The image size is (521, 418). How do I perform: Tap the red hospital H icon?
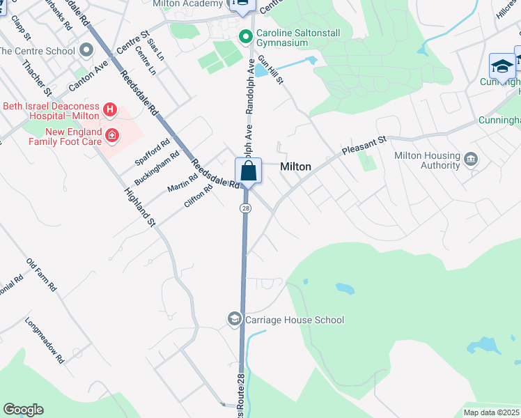(x=109, y=109)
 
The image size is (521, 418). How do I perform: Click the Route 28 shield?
(x=245, y=208)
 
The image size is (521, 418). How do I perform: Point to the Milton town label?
(x=295, y=167)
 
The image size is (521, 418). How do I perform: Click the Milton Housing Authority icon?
(x=472, y=160)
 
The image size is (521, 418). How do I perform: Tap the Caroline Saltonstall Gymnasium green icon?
(x=245, y=36)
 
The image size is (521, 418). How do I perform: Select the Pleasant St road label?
(x=363, y=146)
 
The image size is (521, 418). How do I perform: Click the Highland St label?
(x=139, y=207)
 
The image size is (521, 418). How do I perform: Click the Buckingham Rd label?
(x=152, y=168)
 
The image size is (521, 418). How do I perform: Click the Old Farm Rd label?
(x=41, y=274)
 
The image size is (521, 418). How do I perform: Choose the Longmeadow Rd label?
(x=45, y=341)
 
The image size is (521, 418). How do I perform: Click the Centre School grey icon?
(x=87, y=51)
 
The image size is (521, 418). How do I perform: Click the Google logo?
(x=23, y=410)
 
